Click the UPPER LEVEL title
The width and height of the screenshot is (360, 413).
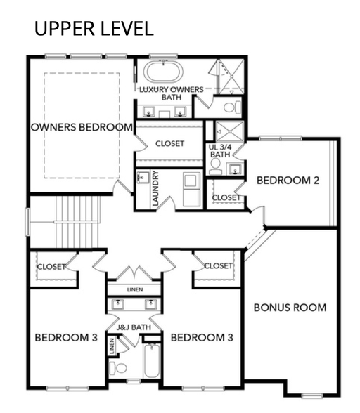coord(94,29)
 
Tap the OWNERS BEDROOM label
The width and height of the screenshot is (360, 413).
coord(82,127)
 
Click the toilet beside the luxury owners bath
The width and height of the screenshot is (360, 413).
coord(232,107)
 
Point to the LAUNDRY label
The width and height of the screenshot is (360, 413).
coord(155,188)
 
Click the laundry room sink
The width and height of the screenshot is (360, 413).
coord(143,178)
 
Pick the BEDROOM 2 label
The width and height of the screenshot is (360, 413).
coord(288,181)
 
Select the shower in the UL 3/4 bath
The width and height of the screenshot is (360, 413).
coord(229,131)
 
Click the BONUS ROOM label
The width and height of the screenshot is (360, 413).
coord(290,308)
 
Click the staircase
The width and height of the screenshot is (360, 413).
coord(77,222)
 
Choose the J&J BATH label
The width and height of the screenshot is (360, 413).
coord(134,327)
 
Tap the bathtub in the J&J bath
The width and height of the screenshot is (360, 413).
coord(151,360)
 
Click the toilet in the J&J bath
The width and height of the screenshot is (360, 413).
coord(118,368)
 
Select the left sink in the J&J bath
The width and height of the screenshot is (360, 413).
coord(117,304)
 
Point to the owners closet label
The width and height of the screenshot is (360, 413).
coord(170,143)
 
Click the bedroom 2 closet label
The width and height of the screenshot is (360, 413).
coord(226,197)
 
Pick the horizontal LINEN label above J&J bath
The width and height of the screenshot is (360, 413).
coord(135,289)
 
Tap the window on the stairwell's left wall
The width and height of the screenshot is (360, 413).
coord(27,222)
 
